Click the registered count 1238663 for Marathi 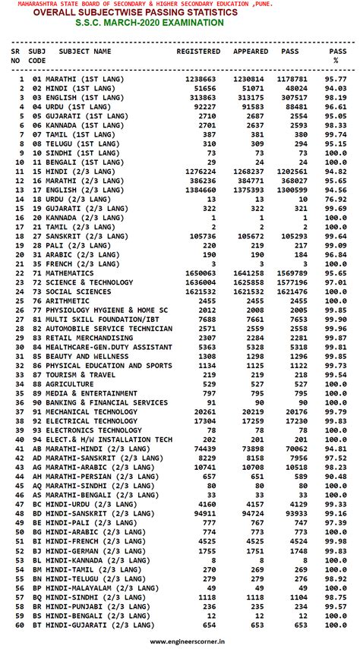click(201, 79)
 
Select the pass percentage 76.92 click(336, 199)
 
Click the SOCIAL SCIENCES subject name click(84, 291)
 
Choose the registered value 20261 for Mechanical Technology click(204, 411)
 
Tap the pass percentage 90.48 click(336, 477)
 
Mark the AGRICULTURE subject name click(74, 384)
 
